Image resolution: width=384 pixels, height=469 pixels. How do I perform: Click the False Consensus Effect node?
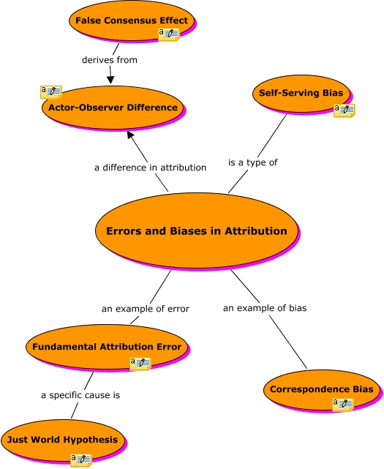pos(132,20)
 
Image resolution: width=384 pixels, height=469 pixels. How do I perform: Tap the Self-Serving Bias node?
pos(301,93)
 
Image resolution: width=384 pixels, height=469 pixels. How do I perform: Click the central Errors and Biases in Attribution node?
pos(196,231)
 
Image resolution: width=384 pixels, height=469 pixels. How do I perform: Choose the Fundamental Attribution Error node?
pos(108,346)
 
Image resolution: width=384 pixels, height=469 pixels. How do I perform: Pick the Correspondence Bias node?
pos(321,389)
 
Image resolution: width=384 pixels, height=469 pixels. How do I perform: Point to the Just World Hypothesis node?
pos(61,440)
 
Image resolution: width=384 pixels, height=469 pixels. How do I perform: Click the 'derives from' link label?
pos(110,60)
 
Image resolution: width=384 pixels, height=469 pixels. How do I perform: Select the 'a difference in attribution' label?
pos(150,168)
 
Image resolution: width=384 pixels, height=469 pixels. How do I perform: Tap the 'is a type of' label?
pos(253,162)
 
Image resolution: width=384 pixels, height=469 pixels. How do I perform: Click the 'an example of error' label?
pos(145,309)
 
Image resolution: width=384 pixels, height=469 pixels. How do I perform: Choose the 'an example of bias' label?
pos(265,308)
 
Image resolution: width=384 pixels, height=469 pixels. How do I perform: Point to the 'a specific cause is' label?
pos(80,395)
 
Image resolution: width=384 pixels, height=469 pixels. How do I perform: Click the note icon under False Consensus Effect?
pos(169,34)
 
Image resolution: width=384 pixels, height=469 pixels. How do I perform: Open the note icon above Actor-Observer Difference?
pos(50,91)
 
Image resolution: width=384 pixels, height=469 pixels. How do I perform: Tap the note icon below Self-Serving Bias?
pos(344,110)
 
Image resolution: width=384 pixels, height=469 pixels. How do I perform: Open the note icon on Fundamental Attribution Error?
pos(140,364)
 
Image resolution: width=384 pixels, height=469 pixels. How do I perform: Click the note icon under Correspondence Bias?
pos(342,405)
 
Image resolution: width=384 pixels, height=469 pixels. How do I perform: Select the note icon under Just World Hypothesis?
pos(80,459)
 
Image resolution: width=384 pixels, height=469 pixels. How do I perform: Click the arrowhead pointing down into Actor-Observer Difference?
pos(110,79)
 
